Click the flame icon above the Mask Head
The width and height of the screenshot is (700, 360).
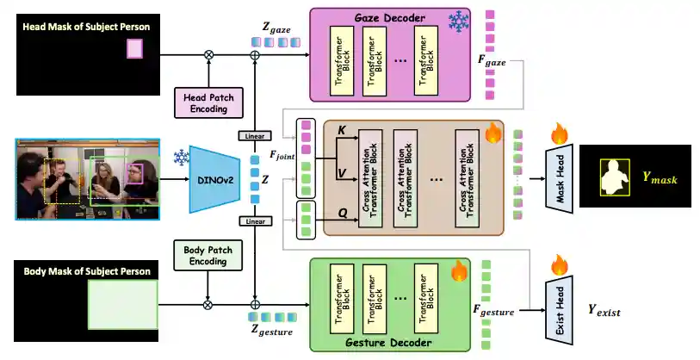click(x=560, y=134)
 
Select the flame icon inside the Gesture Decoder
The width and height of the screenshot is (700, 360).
click(x=459, y=272)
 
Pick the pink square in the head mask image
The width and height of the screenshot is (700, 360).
click(x=134, y=49)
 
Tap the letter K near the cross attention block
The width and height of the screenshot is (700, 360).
click(x=342, y=131)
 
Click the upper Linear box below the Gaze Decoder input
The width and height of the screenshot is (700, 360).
click(x=255, y=135)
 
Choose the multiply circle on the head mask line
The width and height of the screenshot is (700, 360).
click(x=208, y=55)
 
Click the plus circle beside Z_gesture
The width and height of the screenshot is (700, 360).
click(x=255, y=303)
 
